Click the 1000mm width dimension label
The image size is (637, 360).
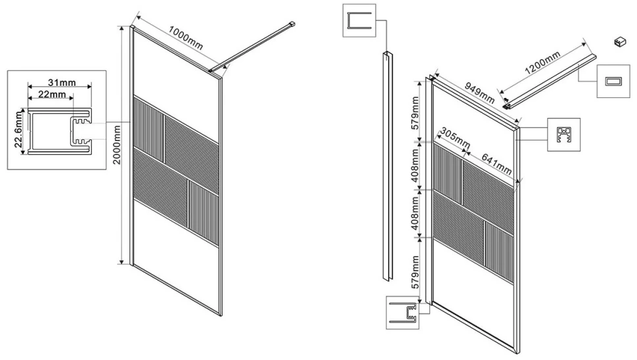coord(185,38)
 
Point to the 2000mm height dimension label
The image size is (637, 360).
coord(117,145)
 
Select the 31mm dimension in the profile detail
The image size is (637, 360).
coord(62,83)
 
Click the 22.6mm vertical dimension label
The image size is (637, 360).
coord(18,130)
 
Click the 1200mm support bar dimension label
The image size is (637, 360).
coord(542,62)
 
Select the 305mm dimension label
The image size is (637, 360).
coord(455,138)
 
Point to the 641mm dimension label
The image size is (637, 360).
coord(496,164)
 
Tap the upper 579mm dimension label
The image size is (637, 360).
coord(415,113)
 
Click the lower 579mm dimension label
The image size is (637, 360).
coord(415,272)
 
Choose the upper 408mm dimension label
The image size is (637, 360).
coord(415,165)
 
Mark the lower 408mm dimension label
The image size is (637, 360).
coord(415,214)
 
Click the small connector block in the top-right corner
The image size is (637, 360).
coord(621,42)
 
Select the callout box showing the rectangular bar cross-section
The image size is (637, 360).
coord(613,81)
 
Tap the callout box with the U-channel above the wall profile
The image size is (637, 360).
coord(359,20)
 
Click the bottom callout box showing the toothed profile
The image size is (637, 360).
coord(402,313)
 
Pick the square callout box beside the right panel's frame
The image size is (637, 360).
coord(564,135)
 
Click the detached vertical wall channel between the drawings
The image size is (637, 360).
coord(388,166)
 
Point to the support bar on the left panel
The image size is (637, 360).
coord(252,47)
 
